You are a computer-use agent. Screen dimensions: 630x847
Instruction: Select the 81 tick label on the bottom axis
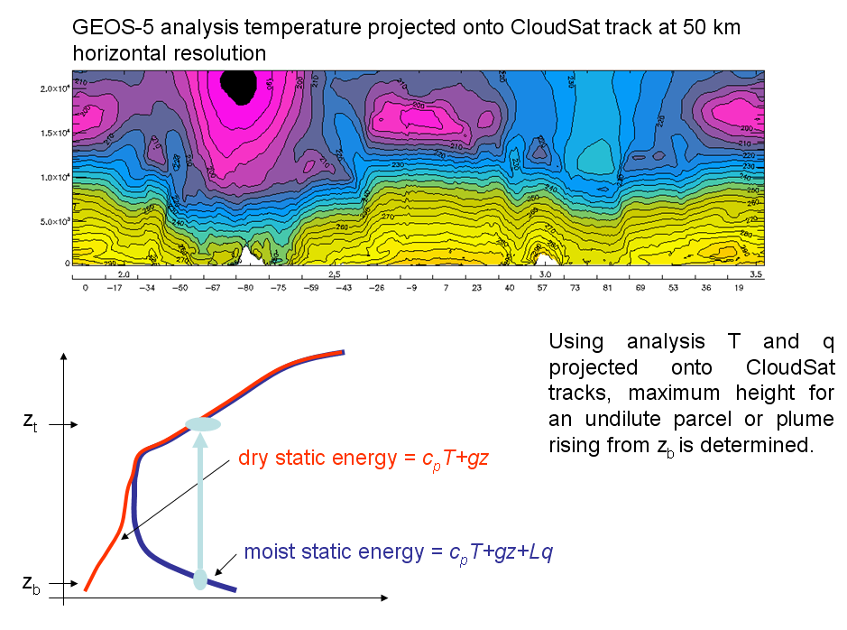607,288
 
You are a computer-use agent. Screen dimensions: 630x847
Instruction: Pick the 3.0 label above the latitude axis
545,273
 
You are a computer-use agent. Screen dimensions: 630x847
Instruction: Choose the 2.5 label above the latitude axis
334,273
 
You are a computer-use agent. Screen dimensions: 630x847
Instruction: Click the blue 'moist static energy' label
398,551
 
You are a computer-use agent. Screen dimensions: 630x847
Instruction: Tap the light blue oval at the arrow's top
202,424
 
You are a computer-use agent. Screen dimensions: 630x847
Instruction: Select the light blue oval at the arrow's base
201,579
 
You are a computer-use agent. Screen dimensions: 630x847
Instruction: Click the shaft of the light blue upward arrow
201,505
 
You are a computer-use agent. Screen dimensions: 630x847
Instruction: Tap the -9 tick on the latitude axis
412,288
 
